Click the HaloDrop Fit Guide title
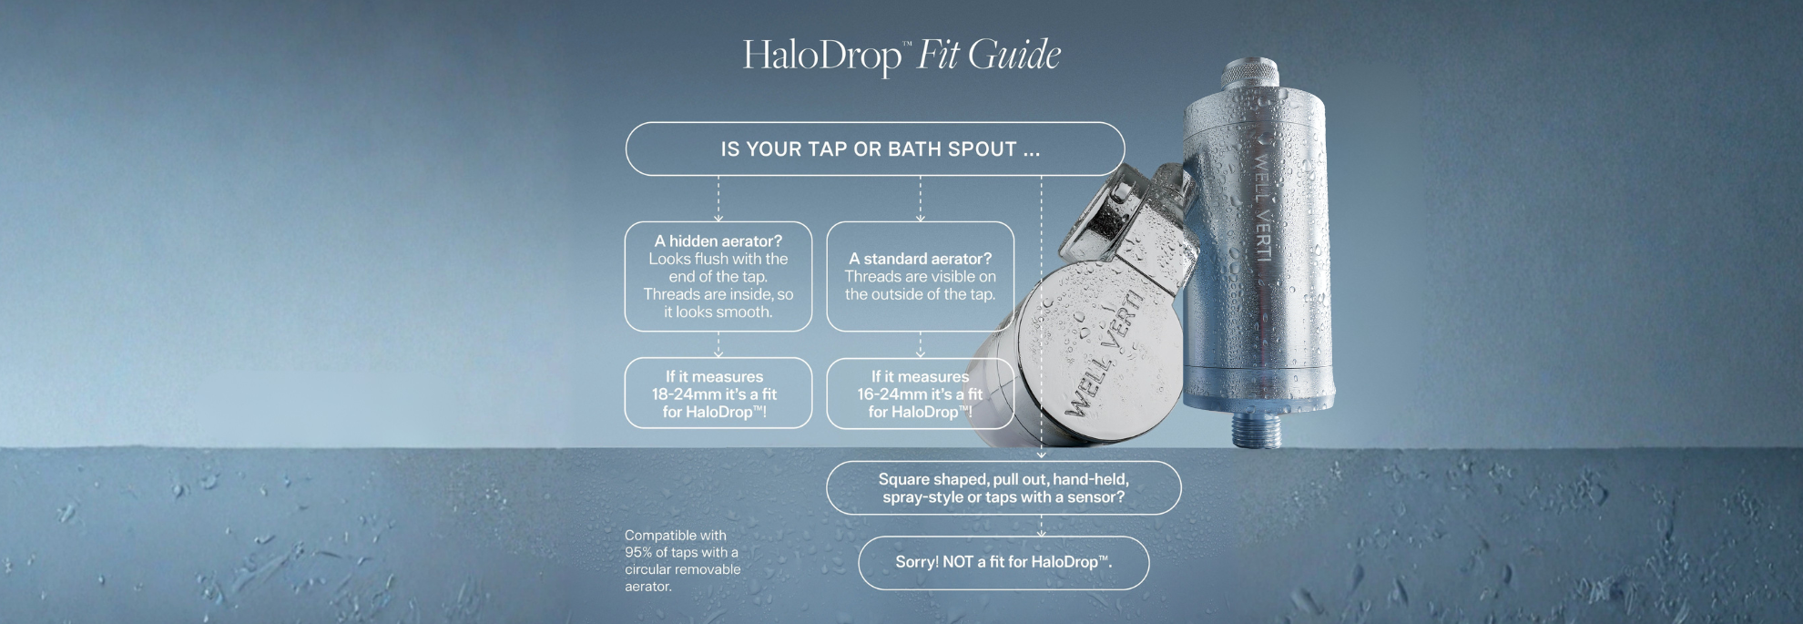[901, 55]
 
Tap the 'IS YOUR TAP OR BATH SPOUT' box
[875, 148]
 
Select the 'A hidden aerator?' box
[718, 276]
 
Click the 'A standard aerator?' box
[920, 276]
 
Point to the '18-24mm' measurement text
[686, 394]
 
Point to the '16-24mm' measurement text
[891, 394]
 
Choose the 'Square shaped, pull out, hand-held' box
[1003, 488]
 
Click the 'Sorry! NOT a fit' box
[1003, 562]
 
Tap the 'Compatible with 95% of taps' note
[683, 561]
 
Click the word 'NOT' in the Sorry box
[958, 562]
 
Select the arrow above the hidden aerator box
[718, 199]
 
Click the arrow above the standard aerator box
[920, 199]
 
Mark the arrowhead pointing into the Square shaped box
[1042, 455]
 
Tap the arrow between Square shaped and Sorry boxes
[1042, 526]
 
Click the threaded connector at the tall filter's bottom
[1258, 429]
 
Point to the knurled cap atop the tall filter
[1250, 72]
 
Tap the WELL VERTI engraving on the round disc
[1104, 354]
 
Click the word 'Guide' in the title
[1014, 55]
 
